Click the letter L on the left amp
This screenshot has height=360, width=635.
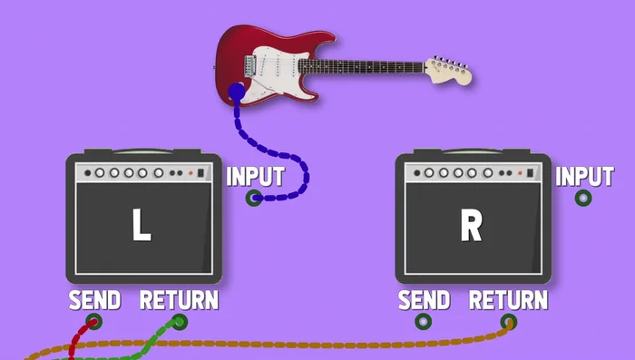pyautogui.click(x=141, y=226)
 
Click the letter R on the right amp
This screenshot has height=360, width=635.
pyautogui.click(x=471, y=226)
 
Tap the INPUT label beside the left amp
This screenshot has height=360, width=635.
pyautogui.click(x=255, y=176)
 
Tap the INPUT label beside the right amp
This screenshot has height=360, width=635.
pyautogui.click(x=584, y=176)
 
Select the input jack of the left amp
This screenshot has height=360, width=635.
pyautogui.click(x=254, y=198)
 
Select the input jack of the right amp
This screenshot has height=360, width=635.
pyautogui.click(x=583, y=198)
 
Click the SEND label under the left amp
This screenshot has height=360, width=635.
pyautogui.click(x=94, y=299)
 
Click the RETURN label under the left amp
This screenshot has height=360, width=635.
pyautogui.click(x=179, y=299)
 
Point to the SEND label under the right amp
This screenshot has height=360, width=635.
pyautogui.click(x=424, y=299)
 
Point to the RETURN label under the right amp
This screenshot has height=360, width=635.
pyautogui.click(x=508, y=299)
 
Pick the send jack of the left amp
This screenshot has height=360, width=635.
pyautogui.click(x=93, y=321)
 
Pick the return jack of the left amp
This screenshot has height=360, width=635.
pyautogui.click(x=180, y=321)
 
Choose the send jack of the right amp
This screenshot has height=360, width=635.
pyautogui.click(x=424, y=321)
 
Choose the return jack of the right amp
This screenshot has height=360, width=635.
pyautogui.click(x=509, y=321)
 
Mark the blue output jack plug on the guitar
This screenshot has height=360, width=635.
pyautogui.click(x=236, y=91)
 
